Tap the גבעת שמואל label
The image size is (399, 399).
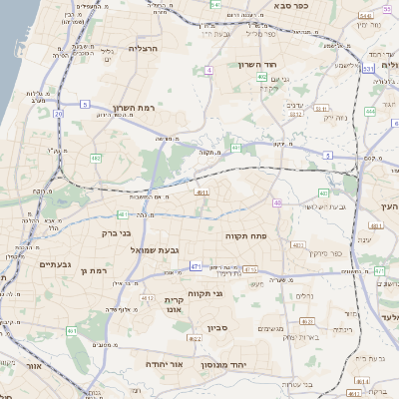(x=155, y=249)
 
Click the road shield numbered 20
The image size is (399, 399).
(x=59, y=115)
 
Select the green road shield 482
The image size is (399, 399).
(x=97, y=159)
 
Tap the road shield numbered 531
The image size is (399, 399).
(x=368, y=68)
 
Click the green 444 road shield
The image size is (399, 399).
(x=370, y=111)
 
